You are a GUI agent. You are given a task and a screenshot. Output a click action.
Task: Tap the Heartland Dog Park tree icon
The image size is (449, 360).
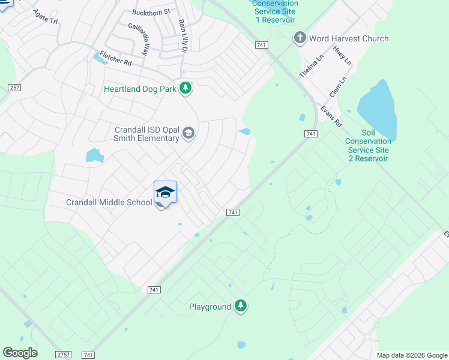tap(186, 88)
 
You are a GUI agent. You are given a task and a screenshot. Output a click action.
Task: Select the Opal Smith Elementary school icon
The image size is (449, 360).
tap(188, 133)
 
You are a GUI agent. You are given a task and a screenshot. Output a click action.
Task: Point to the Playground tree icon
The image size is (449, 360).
tap(241, 306)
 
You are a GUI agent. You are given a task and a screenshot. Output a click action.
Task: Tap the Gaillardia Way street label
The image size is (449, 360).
tap(137, 40)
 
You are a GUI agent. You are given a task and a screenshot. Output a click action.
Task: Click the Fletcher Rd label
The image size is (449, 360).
tap(116, 58)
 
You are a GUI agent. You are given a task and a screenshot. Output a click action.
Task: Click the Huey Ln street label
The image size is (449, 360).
tap(344, 57)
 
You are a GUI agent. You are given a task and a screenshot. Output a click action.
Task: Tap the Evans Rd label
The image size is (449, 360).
tap(331, 116)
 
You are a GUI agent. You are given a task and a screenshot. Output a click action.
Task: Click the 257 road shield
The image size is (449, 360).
tap(15, 88)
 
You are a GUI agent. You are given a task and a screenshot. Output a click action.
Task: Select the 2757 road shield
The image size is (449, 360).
tap(64, 355)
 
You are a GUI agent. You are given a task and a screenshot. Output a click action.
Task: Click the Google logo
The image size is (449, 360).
tap(20, 353)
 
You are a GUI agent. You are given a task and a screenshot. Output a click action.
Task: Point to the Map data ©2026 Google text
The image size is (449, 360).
tap(411, 355)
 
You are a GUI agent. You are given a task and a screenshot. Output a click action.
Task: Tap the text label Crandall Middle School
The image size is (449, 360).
tap(109, 202)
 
